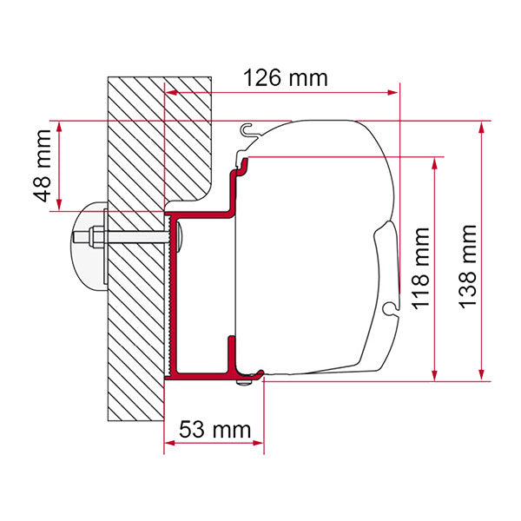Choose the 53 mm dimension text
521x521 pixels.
tap(214, 429)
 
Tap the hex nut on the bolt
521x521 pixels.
tap(92, 236)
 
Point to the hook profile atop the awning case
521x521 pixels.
tap(248, 131)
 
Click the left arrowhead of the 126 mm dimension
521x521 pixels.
tap(170, 89)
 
